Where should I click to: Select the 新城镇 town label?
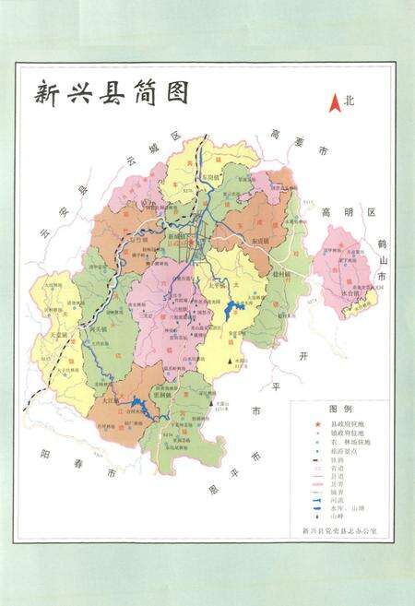179,236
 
